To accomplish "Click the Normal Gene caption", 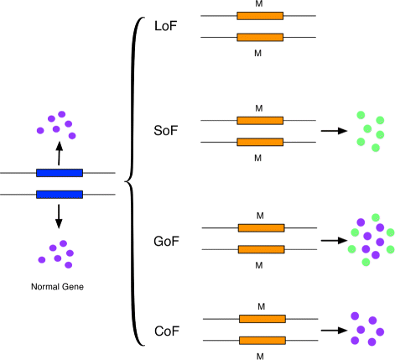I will point(57,287).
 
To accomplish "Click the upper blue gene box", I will point(59,173).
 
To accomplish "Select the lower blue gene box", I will point(59,195).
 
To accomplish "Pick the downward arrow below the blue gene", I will point(59,217).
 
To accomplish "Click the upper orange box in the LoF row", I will point(260,16).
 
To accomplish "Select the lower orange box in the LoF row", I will point(260,37).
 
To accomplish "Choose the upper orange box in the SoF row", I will point(260,121).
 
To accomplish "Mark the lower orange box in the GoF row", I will point(261,249).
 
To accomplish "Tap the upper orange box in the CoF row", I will point(262,319).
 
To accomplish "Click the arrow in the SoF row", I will point(333,131).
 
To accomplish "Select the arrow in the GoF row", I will point(334,239).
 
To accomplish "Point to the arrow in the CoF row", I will point(334,331).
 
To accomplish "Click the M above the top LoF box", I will point(260,4).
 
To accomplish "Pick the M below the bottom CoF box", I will point(260,354).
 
